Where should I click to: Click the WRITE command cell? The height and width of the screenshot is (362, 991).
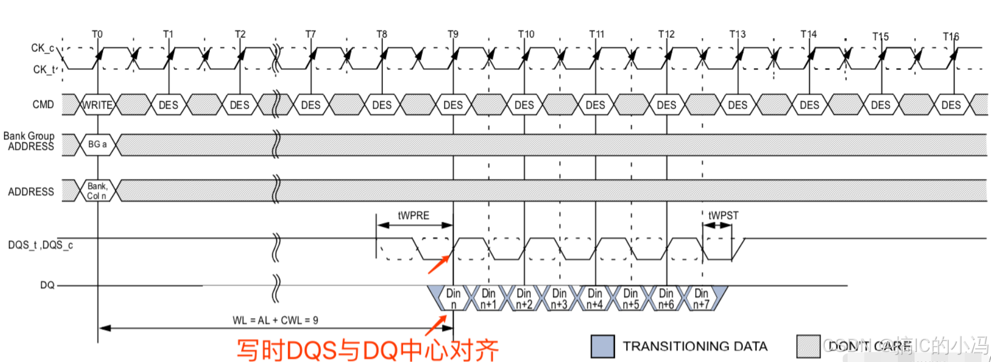point(98,105)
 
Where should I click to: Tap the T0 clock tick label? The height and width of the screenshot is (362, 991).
point(97,34)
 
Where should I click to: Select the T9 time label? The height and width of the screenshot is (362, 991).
point(453,34)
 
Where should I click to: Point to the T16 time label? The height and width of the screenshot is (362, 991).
point(951,37)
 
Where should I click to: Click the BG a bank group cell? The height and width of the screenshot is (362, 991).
point(98,145)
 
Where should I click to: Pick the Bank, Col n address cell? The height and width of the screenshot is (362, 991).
point(97,191)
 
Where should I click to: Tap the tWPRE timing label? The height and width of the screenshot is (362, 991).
point(413,216)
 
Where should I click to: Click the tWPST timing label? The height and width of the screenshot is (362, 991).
point(723,216)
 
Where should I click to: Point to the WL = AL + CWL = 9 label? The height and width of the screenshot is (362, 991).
point(275,321)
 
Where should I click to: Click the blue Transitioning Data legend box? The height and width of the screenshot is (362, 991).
point(603,346)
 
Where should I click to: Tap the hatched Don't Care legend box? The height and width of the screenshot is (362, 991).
point(808,346)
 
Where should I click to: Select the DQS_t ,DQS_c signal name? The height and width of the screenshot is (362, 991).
point(40,245)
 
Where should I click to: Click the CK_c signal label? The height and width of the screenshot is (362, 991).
point(42,48)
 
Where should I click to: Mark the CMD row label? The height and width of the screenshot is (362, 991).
point(43,104)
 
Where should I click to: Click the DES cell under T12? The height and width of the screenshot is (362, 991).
point(666,105)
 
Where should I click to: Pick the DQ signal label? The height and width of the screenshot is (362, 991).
point(47,285)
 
